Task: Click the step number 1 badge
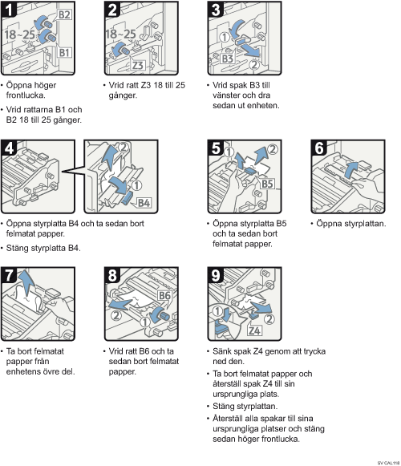(x=9, y=9)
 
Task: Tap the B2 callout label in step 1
(x=64, y=14)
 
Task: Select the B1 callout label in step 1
(x=64, y=53)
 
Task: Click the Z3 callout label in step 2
(x=138, y=65)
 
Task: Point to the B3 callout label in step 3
(x=228, y=59)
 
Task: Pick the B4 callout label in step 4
(x=144, y=203)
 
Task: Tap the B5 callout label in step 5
(x=267, y=184)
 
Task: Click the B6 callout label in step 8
(x=164, y=295)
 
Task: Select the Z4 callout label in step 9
(x=254, y=330)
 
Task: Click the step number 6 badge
(x=319, y=148)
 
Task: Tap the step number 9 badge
(x=216, y=275)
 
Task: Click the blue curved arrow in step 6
(x=351, y=168)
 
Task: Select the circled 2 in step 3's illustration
(x=254, y=64)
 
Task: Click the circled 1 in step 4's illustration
(x=136, y=185)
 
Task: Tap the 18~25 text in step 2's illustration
(x=120, y=34)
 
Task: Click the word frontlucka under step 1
(x=26, y=95)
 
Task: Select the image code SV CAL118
(x=388, y=463)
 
